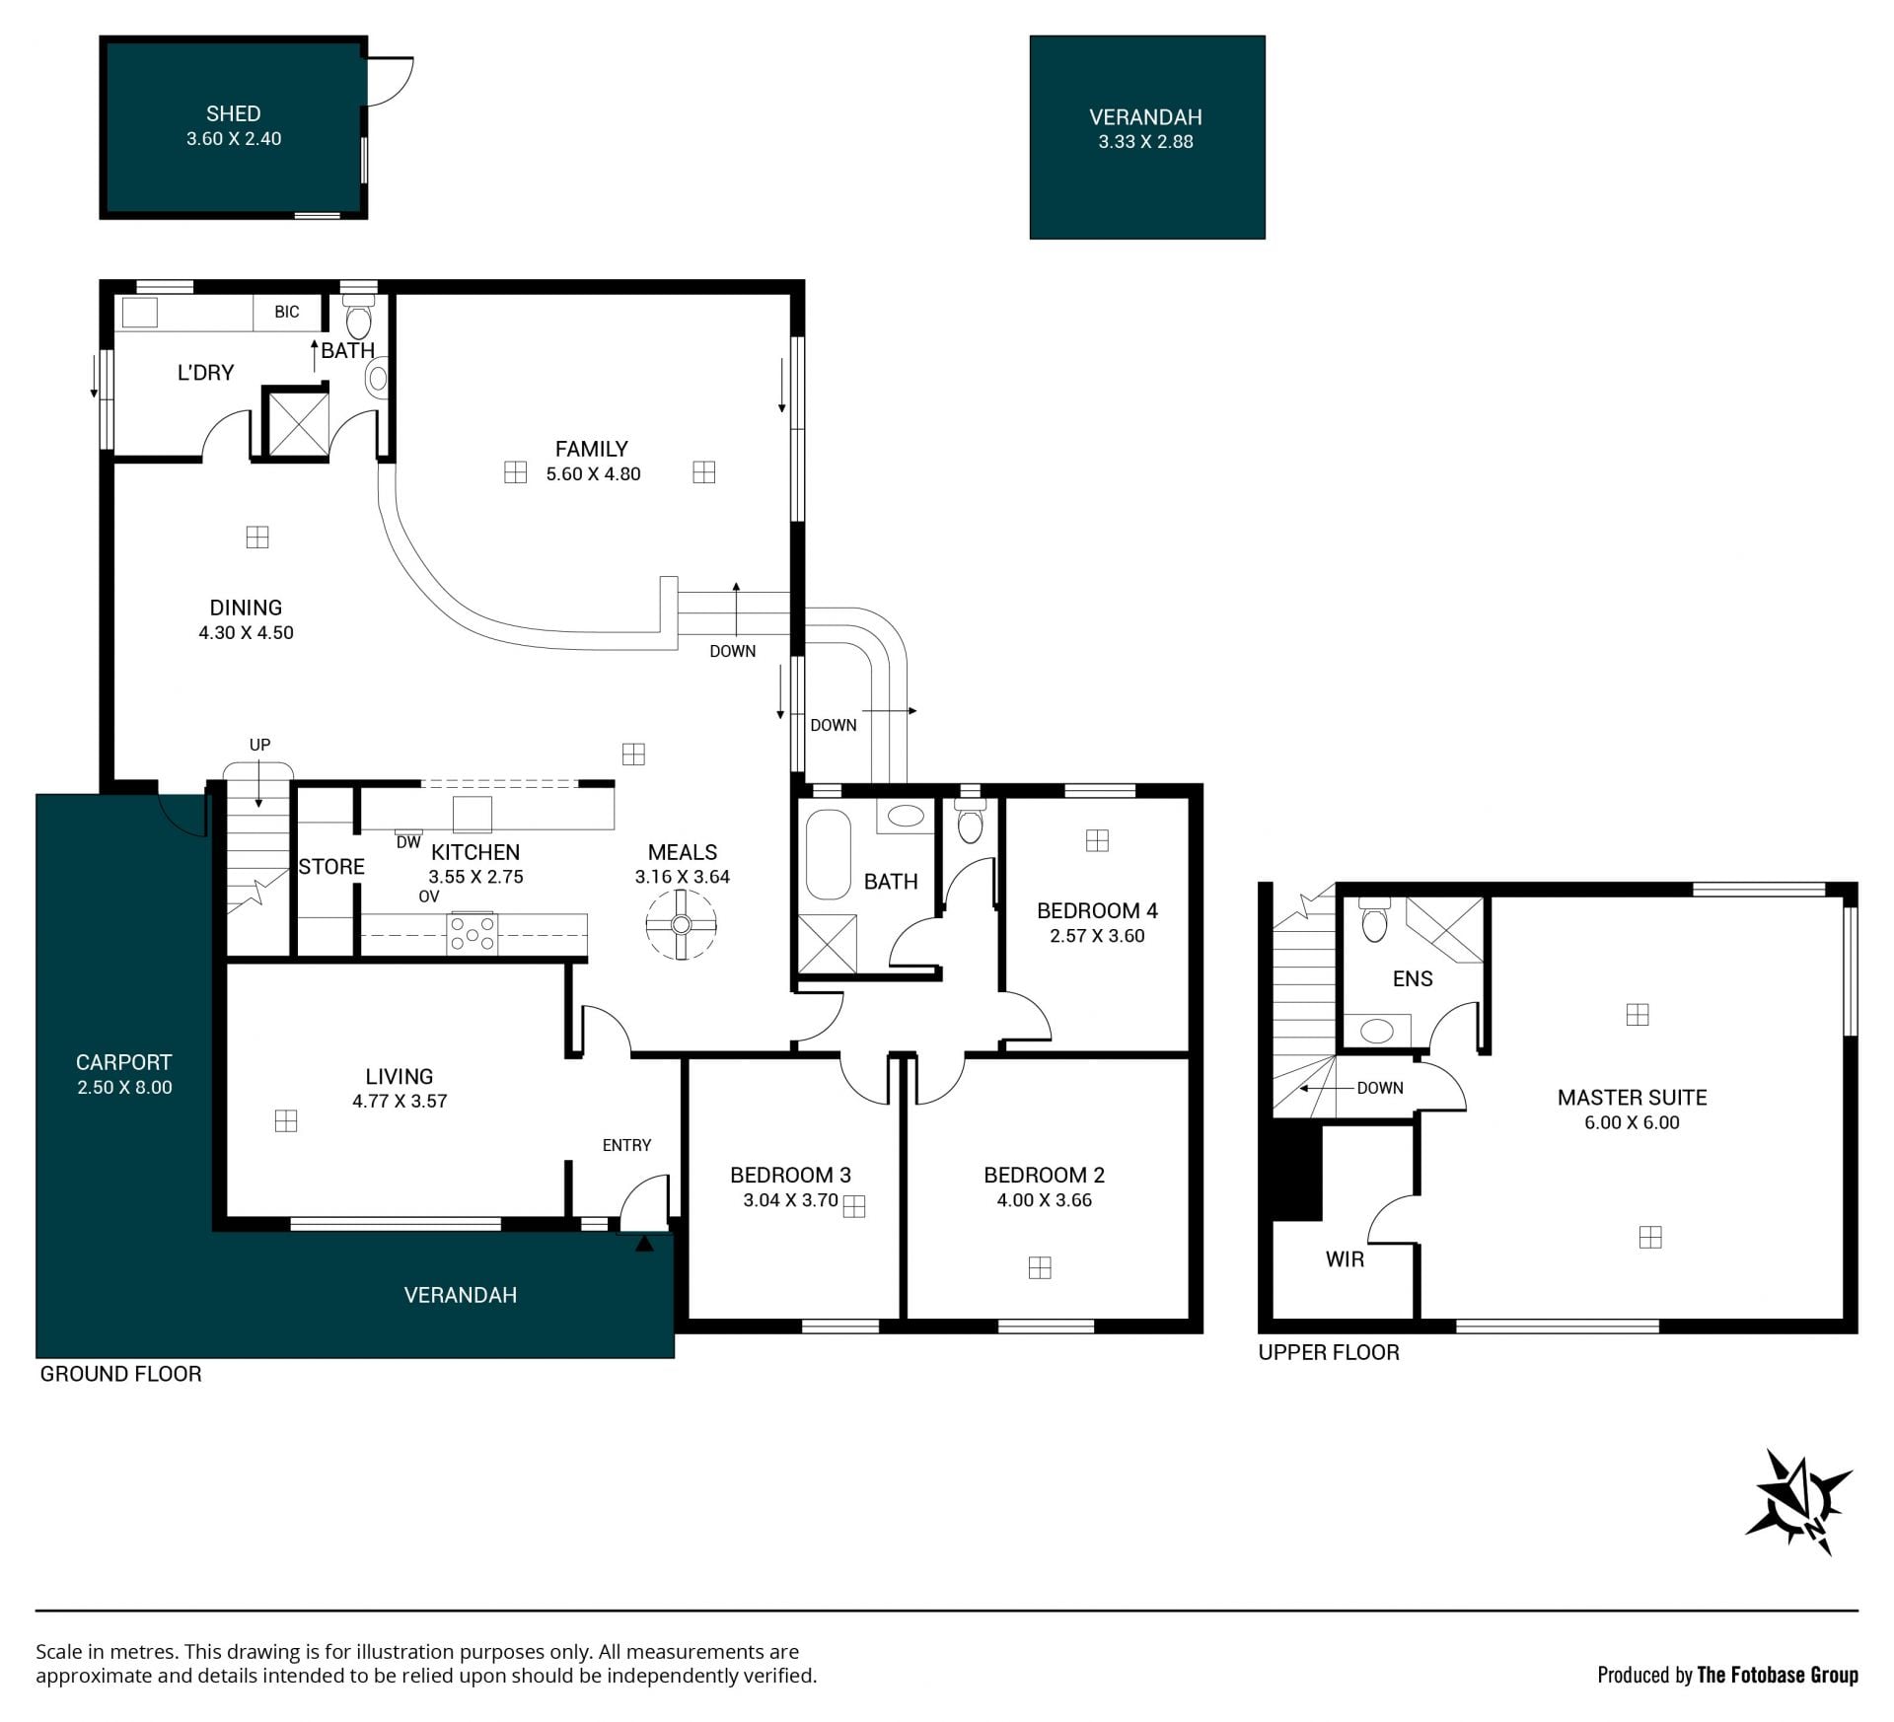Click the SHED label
[x=234, y=113]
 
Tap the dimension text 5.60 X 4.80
[x=594, y=473]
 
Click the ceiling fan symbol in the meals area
[x=681, y=924]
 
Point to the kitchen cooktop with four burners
[x=473, y=933]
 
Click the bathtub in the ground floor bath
[x=829, y=855]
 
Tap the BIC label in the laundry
[x=287, y=312]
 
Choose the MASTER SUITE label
[x=1632, y=1097]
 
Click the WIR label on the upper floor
[x=1345, y=1259]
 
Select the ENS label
[x=1413, y=978]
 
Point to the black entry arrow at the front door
[x=644, y=1244]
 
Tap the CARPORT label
[x=124, y=1062]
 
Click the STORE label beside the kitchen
[x=331, y=866]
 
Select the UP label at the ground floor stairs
[x=259, y=745]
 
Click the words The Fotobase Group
[x=1778, y=1675]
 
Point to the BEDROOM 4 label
[x=1097, y=910]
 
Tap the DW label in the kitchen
[x=408, y=842]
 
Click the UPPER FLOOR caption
[x=1329, y=1352]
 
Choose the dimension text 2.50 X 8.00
[x=124, y=1087]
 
